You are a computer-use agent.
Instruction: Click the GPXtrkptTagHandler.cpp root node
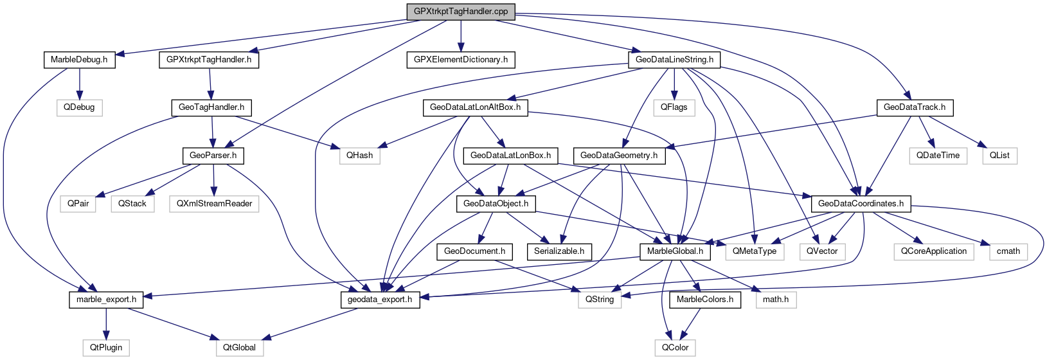click(461, 12)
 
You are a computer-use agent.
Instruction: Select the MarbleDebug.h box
click(79, 60)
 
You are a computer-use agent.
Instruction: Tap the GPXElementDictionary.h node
click(461, 60)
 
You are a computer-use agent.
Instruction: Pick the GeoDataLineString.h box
click(674, 60)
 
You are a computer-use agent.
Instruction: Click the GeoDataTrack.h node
click(915, 107)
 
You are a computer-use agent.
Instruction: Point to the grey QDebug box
click(79, 107)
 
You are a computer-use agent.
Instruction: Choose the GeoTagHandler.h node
click(211, 107)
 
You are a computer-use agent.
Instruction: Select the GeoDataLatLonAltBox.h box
click(475, 107)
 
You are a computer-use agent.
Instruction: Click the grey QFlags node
click(674, 107)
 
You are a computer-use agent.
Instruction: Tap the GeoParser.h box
click(213, 156)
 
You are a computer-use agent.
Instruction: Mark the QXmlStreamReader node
click(214, 204)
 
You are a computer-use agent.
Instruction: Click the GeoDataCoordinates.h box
click(861, 204)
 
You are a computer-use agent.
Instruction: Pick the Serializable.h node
click(559, 251)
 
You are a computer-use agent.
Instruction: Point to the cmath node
click(1008, 251)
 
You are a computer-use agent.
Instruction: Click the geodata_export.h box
click(380, 300)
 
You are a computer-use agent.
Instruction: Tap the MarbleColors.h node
click(705, 300)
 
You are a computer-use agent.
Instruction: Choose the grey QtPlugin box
click(106, 348)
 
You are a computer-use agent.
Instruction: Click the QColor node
click(676, 348)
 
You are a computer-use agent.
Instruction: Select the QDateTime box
click(938, 156)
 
